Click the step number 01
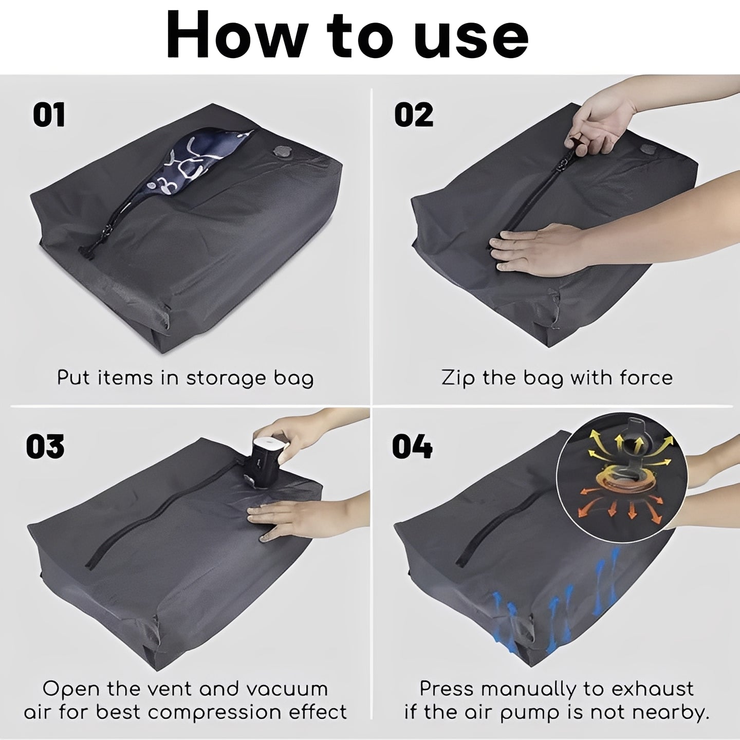click(49, 115)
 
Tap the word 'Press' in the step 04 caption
click(447, 689)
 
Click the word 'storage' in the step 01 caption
click(226, 378)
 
